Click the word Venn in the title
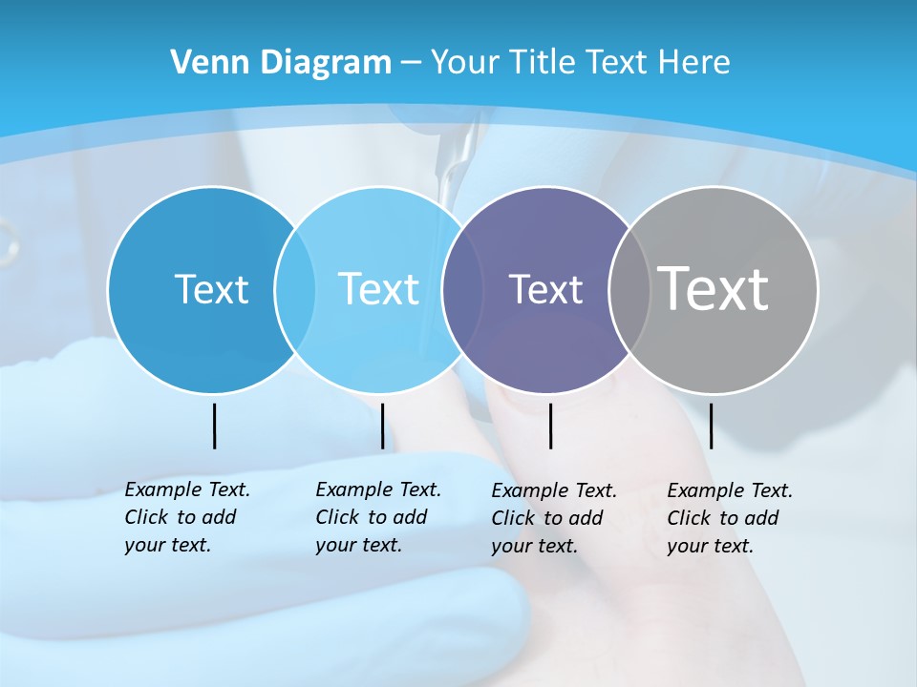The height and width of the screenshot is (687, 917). (x=201, y=63)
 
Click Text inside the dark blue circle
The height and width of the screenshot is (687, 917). (x=211, y=289)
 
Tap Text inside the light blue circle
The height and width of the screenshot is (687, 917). (x=379, y=289)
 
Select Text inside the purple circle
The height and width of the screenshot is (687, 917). (x=545, y=289)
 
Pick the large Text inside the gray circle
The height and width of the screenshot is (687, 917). (x=714, y=288)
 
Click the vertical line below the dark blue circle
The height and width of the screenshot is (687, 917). (x=215, y=426)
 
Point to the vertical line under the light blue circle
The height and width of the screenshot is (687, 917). (x=382, y=426)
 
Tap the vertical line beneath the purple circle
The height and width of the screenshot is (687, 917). (x=551, y=426)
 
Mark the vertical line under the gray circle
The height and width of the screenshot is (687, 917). (x=712, y=426)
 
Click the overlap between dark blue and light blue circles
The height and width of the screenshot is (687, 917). (x=295, y=289)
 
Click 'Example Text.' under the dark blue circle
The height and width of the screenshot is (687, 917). (x=187, y=489)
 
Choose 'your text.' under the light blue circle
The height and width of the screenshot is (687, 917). (x=358, y=545)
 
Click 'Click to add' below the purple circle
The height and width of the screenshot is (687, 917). (x=547, y=518)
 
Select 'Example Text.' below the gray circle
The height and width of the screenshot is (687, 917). (x=730, y=490)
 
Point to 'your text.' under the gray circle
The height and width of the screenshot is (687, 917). (x=710, y=546)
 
